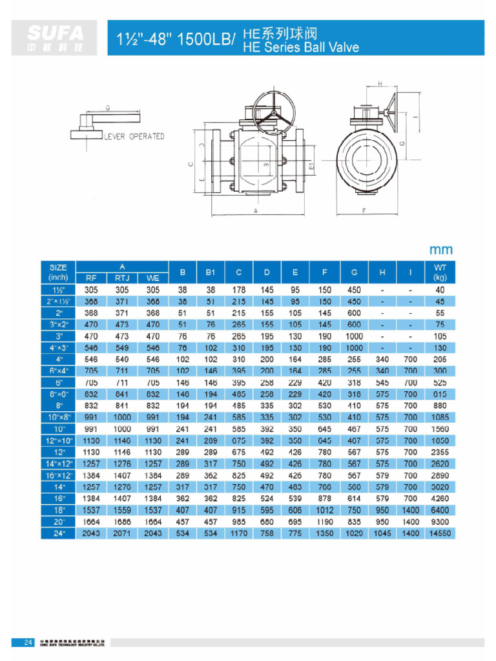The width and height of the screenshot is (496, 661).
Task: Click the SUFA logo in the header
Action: pos(56,38)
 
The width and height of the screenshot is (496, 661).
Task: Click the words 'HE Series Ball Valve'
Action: pos(300,46)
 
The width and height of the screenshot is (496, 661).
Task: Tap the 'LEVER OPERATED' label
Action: pos(134,136)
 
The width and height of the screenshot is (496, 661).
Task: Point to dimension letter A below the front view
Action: pos(256,210)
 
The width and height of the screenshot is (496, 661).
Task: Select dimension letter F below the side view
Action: pos(365,210)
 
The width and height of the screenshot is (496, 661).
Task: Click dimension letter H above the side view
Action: pos(380,83)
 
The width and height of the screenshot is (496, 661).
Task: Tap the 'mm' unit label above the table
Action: pos(441,249)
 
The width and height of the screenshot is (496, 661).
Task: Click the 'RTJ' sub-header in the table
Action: pos(123,278)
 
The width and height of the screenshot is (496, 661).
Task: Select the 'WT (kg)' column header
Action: pos(440,272)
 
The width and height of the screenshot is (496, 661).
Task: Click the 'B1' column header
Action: pos(211,272)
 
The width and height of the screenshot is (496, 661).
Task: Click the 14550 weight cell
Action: pos(440,533)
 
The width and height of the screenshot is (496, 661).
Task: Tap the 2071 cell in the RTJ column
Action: pos(123,533)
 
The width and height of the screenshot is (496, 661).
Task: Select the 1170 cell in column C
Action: pos(239,533)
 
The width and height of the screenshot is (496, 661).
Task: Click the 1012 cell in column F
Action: pos(324,510)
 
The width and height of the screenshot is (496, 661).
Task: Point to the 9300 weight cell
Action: pos(440,522)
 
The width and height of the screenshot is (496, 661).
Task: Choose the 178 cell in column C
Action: pos(239,290)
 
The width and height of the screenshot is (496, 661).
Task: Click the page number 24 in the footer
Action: pos(28,642)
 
